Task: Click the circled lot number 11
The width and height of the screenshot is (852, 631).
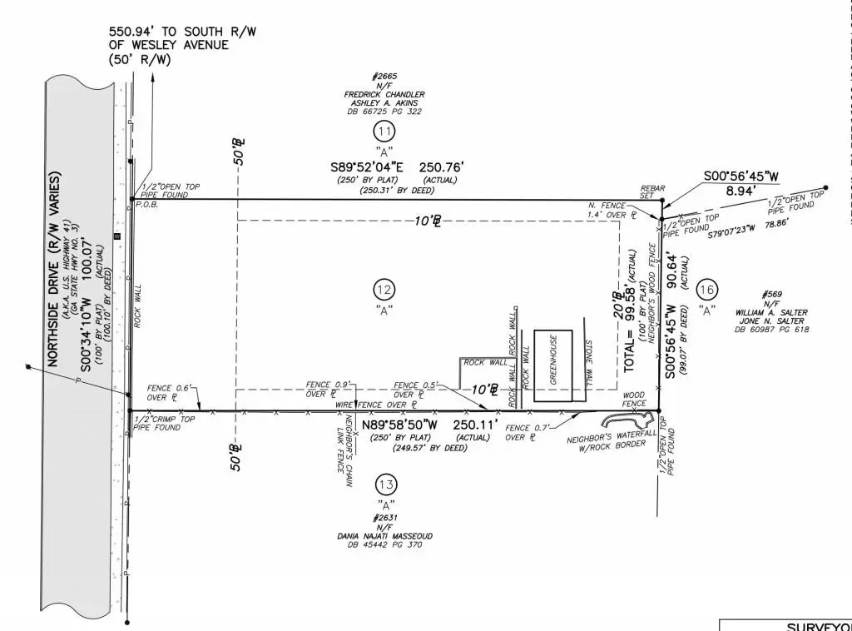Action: [384, 132]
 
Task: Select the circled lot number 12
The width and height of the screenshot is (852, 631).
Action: [384, 290]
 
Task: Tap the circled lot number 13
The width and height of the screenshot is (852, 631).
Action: [385, 484]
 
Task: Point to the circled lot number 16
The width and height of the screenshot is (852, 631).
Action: [707, 290]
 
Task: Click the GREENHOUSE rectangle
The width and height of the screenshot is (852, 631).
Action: [553, 367]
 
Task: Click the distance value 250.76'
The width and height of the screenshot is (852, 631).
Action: [441, 167]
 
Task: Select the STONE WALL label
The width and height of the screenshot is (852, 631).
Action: [588, 363]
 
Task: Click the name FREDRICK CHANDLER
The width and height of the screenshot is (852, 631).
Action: [384, 94]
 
